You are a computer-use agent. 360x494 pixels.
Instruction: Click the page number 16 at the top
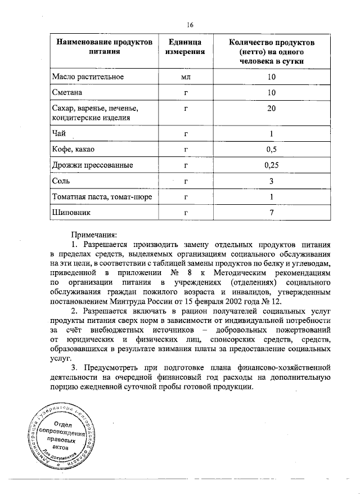(x=190, y=24)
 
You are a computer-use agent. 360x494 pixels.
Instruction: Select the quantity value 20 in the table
(x=271, y=109)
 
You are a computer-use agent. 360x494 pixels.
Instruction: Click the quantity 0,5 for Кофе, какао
(x=271, y=150)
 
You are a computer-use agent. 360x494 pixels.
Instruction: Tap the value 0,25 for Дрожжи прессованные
(x=271, y=165)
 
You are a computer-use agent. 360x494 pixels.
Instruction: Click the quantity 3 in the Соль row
(x=271, y=181)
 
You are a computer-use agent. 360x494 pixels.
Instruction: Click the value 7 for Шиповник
(x=271, y=213)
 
